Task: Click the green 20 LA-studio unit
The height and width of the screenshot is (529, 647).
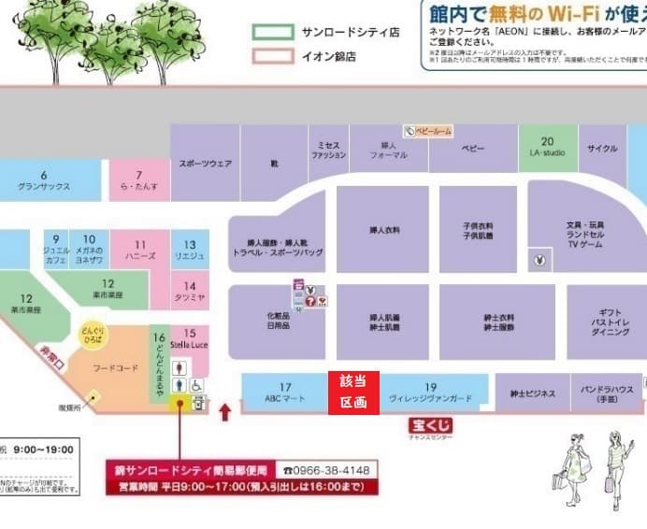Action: (548, 148)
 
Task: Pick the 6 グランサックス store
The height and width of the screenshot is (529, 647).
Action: (45, 180)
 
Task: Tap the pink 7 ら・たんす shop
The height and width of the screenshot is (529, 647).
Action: (138, 180)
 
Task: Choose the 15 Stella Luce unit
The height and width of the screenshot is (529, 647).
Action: (190, 338)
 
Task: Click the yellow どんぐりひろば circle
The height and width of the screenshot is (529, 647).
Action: (91, 336)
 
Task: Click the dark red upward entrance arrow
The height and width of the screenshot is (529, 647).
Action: (224, 411)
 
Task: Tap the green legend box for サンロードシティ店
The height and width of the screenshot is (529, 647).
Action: (272, 32)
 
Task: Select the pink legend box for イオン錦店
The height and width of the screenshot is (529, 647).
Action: (272, 57)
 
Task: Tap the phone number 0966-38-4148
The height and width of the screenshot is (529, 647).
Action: (326, 470)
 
